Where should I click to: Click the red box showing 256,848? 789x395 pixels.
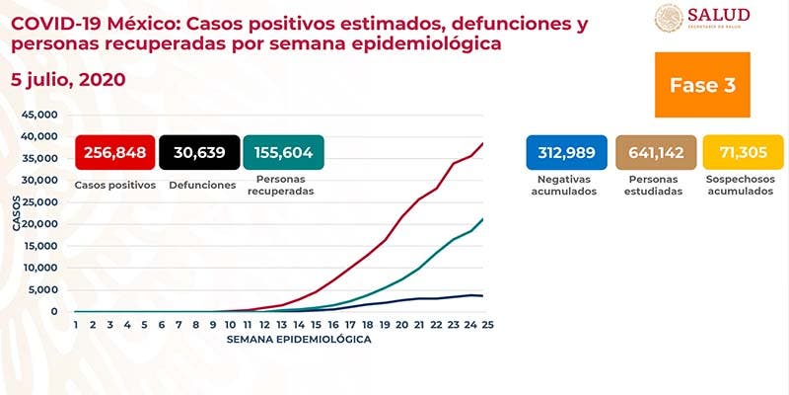(x=115, y=154)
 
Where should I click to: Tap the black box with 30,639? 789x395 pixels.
(x=200, y=154)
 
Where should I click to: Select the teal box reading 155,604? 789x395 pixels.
(x=283, y=154)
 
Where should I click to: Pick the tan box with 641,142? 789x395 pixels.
(x=654, y=152)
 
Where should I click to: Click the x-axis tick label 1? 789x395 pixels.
(x=75, y=324)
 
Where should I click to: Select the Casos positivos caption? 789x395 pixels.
(x=115, y=185)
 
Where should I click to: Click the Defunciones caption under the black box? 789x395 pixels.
(x=200, y=185)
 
